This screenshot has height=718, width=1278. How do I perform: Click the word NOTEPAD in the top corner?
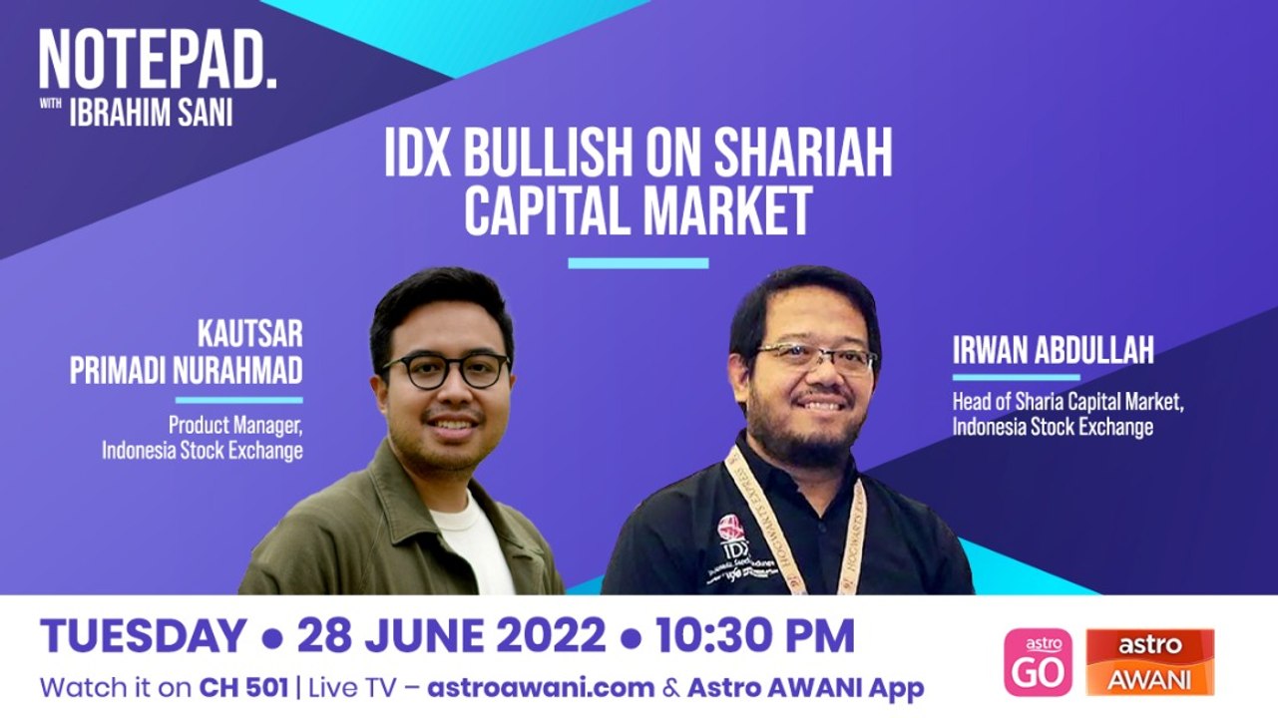tap(158, 62)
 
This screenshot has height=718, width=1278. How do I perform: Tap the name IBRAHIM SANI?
tap(151, 113)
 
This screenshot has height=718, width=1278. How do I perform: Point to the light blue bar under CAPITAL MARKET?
tap(638, 263)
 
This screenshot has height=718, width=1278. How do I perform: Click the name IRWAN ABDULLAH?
tap(1053, 351)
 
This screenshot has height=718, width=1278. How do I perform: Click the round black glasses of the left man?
tap(445, 370)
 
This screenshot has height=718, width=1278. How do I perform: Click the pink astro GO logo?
tap(1038, 662)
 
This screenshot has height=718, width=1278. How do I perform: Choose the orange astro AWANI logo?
tap(1149, 662)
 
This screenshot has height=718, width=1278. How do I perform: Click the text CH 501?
tap(243, 688)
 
